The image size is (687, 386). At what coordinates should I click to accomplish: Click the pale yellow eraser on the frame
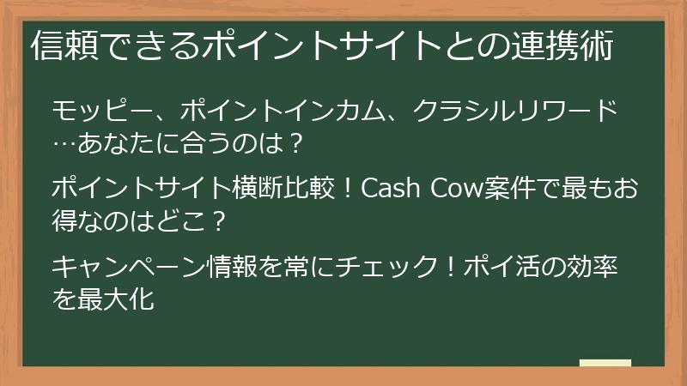(605, 364)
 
